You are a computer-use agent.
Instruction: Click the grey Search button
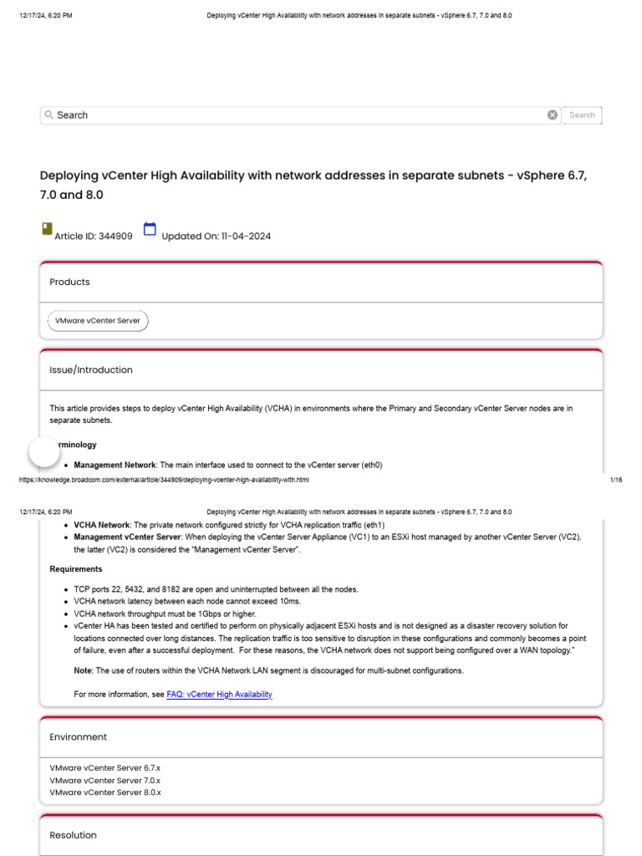[x=582, y=115]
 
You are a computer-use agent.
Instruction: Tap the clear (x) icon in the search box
[x=553, y=115]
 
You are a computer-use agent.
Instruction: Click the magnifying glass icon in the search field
[x=49, y=115]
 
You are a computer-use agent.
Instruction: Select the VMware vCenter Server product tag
[x=98, y=320]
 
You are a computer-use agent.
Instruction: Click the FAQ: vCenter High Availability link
[x=219, y=695]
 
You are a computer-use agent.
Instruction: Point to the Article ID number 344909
[x=115, y=237]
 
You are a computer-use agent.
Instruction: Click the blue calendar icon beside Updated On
[x=150, y=230]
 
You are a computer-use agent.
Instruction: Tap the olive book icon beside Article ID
[x=46, y=229]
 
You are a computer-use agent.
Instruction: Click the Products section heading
[x=69, y=282]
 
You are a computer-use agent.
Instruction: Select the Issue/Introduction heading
[x=90, y=369]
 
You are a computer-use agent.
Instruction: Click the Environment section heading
[x=78, y=737]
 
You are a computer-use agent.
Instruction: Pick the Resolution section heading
[x=73, y=835]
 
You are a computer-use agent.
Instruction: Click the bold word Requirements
[x=76, y=569]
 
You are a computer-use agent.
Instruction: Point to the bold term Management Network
[x=115, y=465]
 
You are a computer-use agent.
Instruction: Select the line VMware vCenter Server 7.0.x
[x=104, y=780]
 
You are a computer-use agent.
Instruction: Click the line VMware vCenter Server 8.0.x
[x=104, y=792]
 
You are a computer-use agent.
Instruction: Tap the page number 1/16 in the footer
[x=617, y=480]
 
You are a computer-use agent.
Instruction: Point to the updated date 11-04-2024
[x=246, y=237]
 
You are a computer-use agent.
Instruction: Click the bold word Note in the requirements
[x=83, y=670]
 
